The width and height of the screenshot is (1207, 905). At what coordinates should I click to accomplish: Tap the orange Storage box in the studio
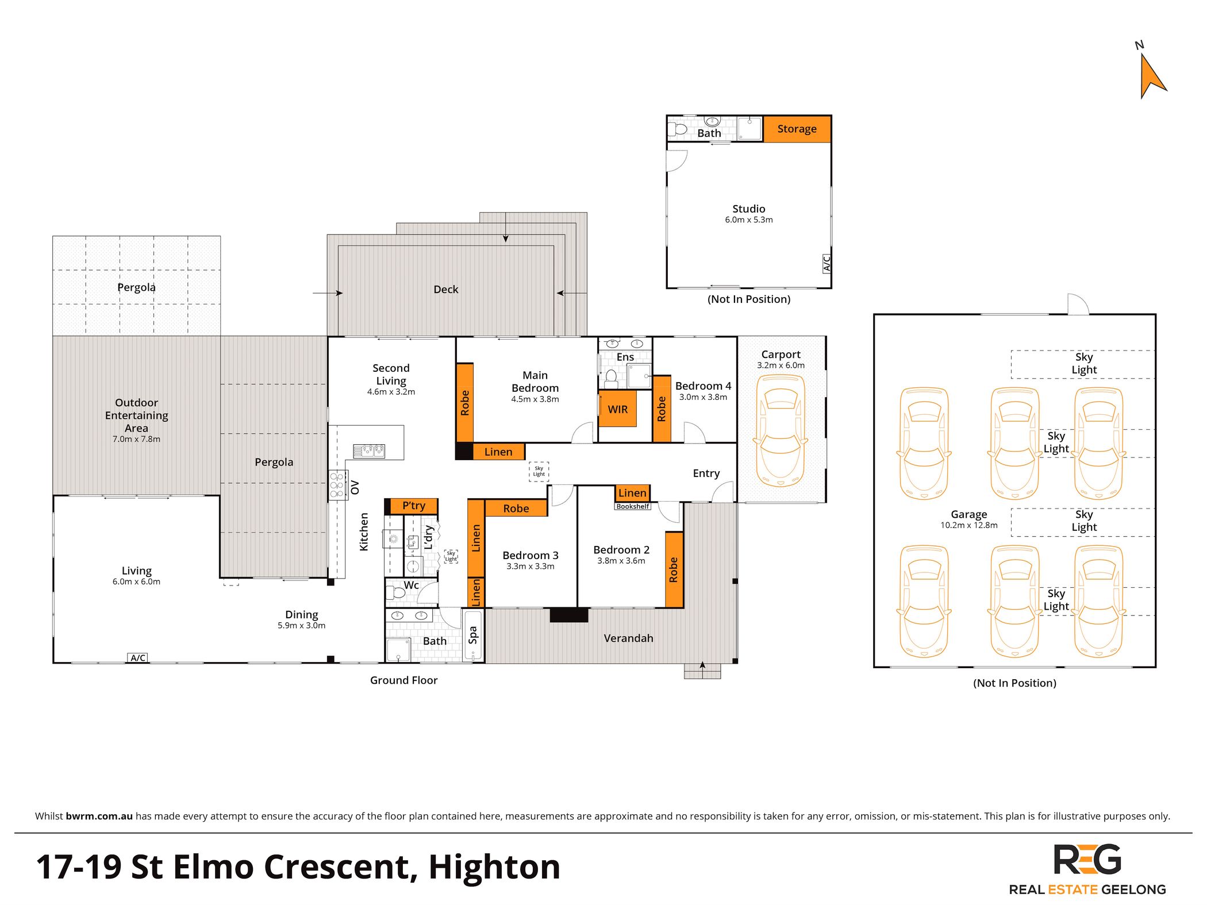pos(797,129)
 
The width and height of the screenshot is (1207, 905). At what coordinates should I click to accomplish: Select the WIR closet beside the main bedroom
pos(618,409)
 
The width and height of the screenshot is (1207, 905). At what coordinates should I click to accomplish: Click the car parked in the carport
pos(781,431)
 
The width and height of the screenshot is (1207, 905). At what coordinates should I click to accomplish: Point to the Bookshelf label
pos(632,506)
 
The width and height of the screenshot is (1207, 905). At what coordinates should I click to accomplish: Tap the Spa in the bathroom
pos(473,635)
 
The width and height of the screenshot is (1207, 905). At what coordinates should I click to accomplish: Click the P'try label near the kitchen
pos(414,506)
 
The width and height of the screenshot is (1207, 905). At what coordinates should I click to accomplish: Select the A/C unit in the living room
pos(138,658)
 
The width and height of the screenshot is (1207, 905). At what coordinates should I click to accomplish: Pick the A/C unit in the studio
pos(827,263)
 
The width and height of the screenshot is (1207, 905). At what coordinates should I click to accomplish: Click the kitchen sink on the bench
pos(369,450)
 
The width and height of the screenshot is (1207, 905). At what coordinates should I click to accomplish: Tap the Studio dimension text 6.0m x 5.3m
pos(749,220)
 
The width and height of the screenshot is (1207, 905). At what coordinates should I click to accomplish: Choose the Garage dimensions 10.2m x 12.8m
pos(969,525)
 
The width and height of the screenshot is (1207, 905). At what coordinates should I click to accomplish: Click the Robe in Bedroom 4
pos(662,409)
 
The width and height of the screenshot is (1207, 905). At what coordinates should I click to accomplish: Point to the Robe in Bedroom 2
pos(674,569)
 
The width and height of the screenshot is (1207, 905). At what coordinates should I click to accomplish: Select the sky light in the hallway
pos(539,471)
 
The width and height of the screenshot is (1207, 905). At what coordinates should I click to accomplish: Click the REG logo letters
pos(1087,860)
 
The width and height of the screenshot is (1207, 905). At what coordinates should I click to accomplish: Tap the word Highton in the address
pos(494,867)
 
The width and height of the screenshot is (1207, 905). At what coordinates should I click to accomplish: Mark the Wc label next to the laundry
pos(411,586)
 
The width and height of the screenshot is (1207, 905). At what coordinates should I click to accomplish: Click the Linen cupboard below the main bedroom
pos(499,452)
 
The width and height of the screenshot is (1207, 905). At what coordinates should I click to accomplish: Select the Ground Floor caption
pos(403,680)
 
